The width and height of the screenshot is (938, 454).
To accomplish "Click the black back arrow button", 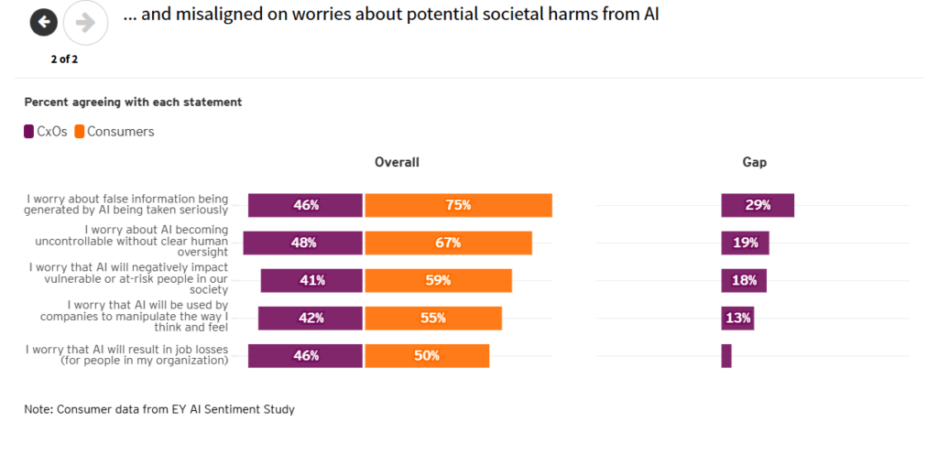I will point(44,23).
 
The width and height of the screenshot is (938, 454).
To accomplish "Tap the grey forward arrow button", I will point(85,23).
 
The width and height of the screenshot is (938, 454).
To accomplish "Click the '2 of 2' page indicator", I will point(64,59).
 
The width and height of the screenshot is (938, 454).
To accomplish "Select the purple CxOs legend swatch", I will point(29,132).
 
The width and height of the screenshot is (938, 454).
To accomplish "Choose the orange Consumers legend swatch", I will point(80,132).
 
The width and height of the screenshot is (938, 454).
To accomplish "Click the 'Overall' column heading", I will point(397,162).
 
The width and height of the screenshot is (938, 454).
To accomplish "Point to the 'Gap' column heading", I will point(754,162).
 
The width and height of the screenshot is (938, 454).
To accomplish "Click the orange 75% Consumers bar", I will point(458,205).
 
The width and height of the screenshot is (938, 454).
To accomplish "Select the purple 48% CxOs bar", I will point(302,243).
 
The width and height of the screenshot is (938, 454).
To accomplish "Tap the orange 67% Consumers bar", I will point(448,243).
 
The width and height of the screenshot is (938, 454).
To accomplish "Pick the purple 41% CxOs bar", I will point(311,280).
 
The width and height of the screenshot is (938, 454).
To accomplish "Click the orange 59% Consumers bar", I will point(438,280).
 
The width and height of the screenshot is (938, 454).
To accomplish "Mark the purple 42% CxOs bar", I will point(310,318).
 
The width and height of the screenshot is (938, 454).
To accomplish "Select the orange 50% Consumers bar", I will point(427,355).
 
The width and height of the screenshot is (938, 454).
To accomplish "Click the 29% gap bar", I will point(758,205).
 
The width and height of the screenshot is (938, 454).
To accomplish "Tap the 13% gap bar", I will point(737,318).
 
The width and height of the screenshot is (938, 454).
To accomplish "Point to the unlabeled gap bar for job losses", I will point(726,355).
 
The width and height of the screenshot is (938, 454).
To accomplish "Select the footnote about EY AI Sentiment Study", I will point(159,409).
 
